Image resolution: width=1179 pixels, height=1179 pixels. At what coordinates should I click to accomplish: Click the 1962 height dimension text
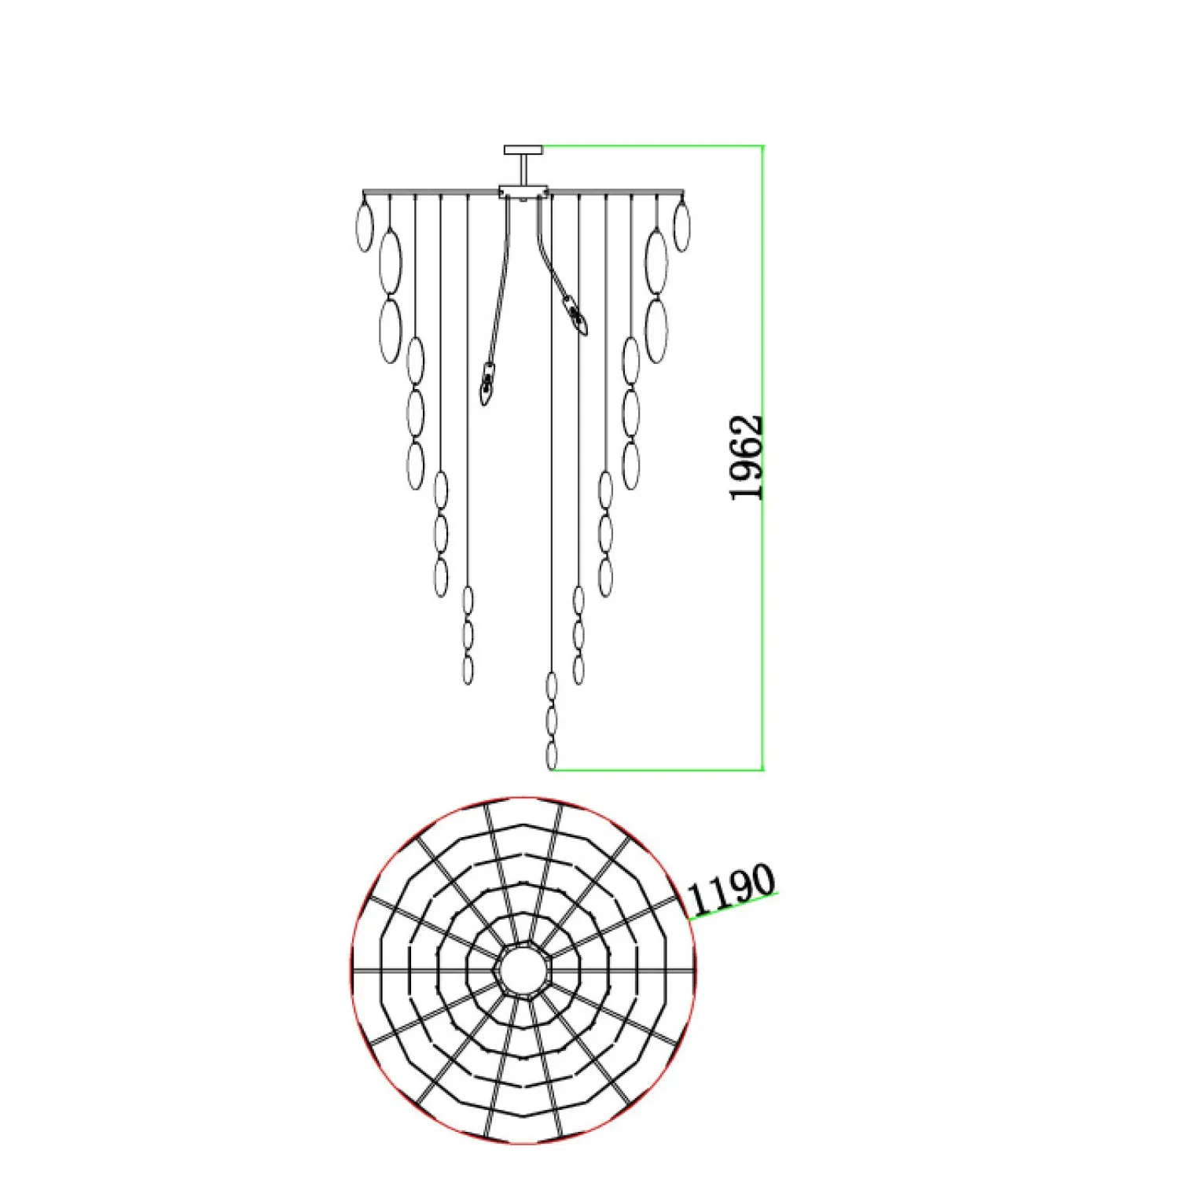[747, 457]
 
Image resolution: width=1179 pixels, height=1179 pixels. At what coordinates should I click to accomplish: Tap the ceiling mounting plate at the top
[523, 149]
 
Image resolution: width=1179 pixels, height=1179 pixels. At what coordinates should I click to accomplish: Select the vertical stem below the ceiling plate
[523, 170]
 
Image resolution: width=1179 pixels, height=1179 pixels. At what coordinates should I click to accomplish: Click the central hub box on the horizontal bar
[523, 191]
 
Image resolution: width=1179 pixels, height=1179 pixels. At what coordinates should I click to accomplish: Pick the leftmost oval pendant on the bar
[365, 226]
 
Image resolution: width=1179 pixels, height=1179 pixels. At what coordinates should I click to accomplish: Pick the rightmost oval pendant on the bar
[682, 226]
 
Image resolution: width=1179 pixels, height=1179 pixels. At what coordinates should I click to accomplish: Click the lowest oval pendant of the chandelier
[552, 755]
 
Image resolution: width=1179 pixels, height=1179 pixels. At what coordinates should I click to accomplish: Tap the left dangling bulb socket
[487, 385]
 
